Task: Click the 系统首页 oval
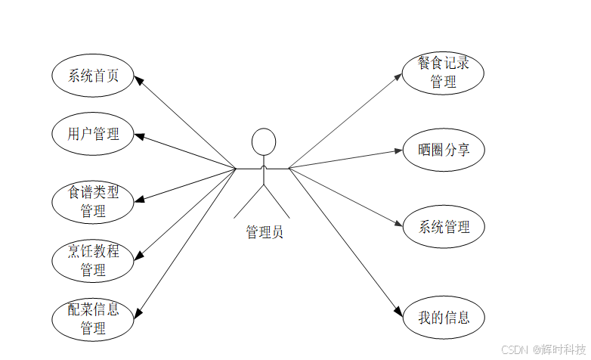click(x=93, y=76)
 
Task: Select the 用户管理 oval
click(x=93, y=135)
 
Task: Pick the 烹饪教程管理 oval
click(x=93, y=260)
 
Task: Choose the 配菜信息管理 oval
click(x=93, y=319)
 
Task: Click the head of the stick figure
click(x=263, y=142)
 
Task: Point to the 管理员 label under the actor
click(x=264, y=232)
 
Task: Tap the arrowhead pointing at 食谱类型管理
click(x=141, y=199)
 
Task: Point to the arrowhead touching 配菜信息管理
click(x=138, y=310)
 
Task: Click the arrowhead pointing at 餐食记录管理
click(x=400, y=75)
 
